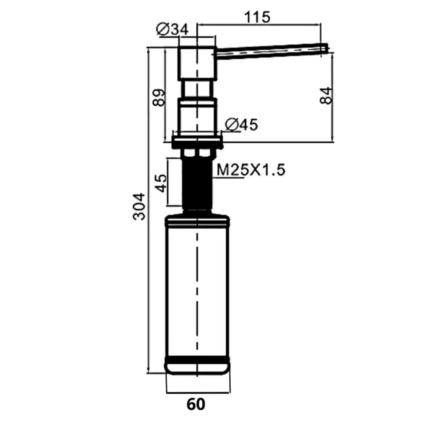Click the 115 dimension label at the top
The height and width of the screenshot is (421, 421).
point(257,17)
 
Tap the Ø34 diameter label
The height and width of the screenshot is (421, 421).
point(172,29)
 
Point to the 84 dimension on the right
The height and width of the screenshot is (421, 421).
point(326,96)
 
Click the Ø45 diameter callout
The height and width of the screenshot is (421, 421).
point(241,124)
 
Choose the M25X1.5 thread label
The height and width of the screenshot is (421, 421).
point(251,170)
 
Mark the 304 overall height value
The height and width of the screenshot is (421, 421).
point(139,207)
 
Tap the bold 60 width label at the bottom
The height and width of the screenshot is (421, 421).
point(196,404)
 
